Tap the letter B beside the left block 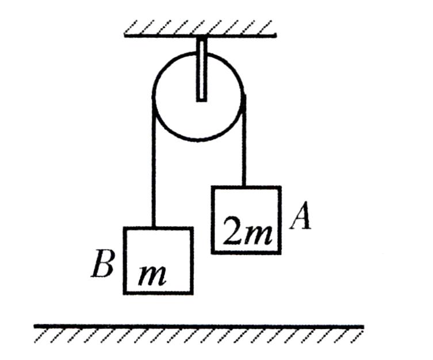click(x=102, y=263)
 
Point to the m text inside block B click(x=152, y=276)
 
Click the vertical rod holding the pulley click(x=202, y=69)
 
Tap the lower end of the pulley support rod click(x=202, y=101)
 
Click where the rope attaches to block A click(x=244, y=187)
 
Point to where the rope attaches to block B click(x=154, y=228)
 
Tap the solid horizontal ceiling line click(x=200, y=35)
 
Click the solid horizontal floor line click(x=199, y=326)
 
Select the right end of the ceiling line click(x=275, y=35)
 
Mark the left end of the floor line click(x=35, y=326)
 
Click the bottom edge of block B click(x=158, y=293)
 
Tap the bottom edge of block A click(x=246, y=252)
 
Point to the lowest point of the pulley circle click(x=198, y=140)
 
